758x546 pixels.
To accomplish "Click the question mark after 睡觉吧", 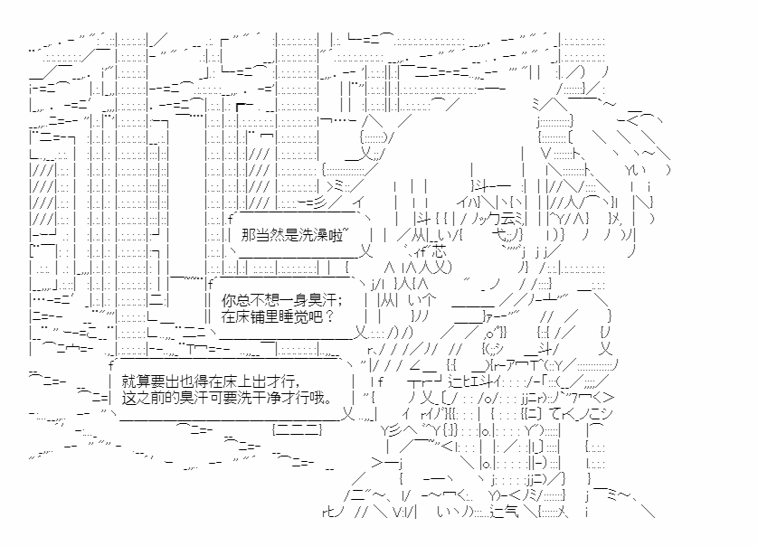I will (x=329, y=316).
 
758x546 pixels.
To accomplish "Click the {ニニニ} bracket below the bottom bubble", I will (x=297, y=428).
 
